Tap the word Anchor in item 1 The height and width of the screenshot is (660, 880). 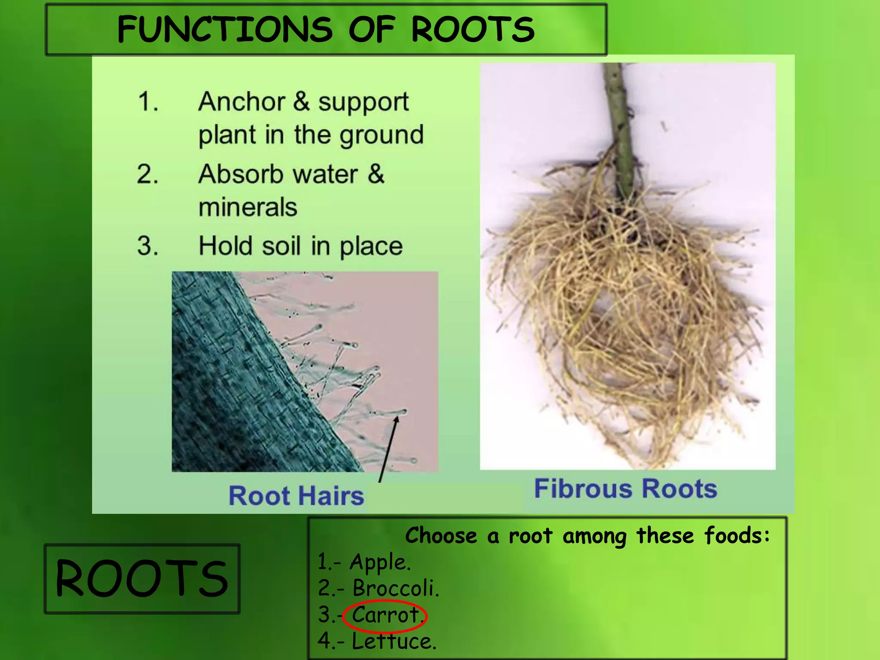[241, 102]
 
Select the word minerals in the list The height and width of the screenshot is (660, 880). [247, 207]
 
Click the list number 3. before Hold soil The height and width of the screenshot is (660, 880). [147, 246]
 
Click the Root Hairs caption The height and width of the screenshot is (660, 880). [296, 495]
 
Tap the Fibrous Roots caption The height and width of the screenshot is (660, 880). [625, 489]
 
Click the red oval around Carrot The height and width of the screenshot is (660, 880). [385, 616]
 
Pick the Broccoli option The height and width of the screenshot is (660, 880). [395, 588]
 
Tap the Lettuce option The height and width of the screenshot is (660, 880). [393, 642]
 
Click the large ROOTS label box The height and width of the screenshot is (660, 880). [142, 578]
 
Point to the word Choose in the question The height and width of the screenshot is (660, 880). [441, 536]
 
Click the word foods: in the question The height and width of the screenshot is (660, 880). [736, 536]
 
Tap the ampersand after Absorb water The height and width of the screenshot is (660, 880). [376, 174]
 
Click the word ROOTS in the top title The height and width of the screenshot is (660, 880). [473, 29]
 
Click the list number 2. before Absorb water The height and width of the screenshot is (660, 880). [147, 174]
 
